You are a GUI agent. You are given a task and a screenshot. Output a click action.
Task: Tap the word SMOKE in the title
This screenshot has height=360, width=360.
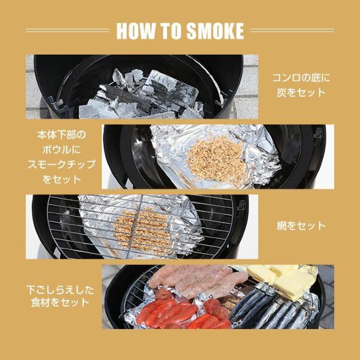point(215,31)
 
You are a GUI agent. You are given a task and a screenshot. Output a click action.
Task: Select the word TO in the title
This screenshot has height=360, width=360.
point(170,31)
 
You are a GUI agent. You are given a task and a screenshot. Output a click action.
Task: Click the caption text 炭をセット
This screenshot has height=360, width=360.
point(301,92)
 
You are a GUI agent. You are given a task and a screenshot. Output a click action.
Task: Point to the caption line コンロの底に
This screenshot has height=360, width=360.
point(301,78)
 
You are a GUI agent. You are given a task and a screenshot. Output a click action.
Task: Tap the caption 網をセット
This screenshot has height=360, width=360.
point(301,226)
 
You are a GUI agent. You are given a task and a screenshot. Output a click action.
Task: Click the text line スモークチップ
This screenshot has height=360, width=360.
point(61,164)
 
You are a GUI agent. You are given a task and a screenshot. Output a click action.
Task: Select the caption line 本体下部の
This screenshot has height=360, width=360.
point(61,135)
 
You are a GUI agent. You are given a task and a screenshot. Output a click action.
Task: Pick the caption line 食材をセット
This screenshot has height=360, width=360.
point(60,302)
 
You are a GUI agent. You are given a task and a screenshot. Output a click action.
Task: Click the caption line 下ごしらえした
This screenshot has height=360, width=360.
point(60,290)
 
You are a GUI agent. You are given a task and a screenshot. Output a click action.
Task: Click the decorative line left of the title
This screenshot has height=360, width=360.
point(67,30)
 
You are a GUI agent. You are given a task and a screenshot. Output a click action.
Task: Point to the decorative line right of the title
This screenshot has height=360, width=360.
point(292,30)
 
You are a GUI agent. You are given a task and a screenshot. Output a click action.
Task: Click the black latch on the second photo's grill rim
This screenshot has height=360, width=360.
point(319,135)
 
